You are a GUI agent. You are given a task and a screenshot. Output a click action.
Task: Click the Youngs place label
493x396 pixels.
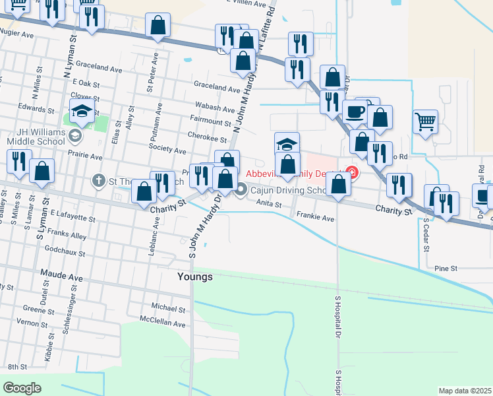tap(195, 277)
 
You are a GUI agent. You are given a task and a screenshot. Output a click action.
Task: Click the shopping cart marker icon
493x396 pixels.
tap(426, 121)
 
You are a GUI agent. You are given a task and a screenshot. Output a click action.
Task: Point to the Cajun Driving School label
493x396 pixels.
tap(288, 191)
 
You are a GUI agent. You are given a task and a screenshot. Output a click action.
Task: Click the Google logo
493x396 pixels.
tap(22, 388)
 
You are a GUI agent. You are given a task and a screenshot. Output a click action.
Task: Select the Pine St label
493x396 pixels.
tap(446, 269)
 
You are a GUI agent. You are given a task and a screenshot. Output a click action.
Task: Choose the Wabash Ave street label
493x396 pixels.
tap(215, 109)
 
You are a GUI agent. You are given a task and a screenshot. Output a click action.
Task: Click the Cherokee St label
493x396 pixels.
tap(210, 140)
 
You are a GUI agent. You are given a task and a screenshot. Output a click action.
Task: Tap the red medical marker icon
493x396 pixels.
tap(353, 173)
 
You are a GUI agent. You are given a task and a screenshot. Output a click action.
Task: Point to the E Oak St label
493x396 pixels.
tap(84, 84)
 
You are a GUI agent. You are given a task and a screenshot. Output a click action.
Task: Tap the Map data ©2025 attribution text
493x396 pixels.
tap(465, 391)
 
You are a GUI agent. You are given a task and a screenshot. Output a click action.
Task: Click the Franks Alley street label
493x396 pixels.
tap(67, 236)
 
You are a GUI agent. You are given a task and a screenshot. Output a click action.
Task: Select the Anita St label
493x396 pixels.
tap(269, 204)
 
